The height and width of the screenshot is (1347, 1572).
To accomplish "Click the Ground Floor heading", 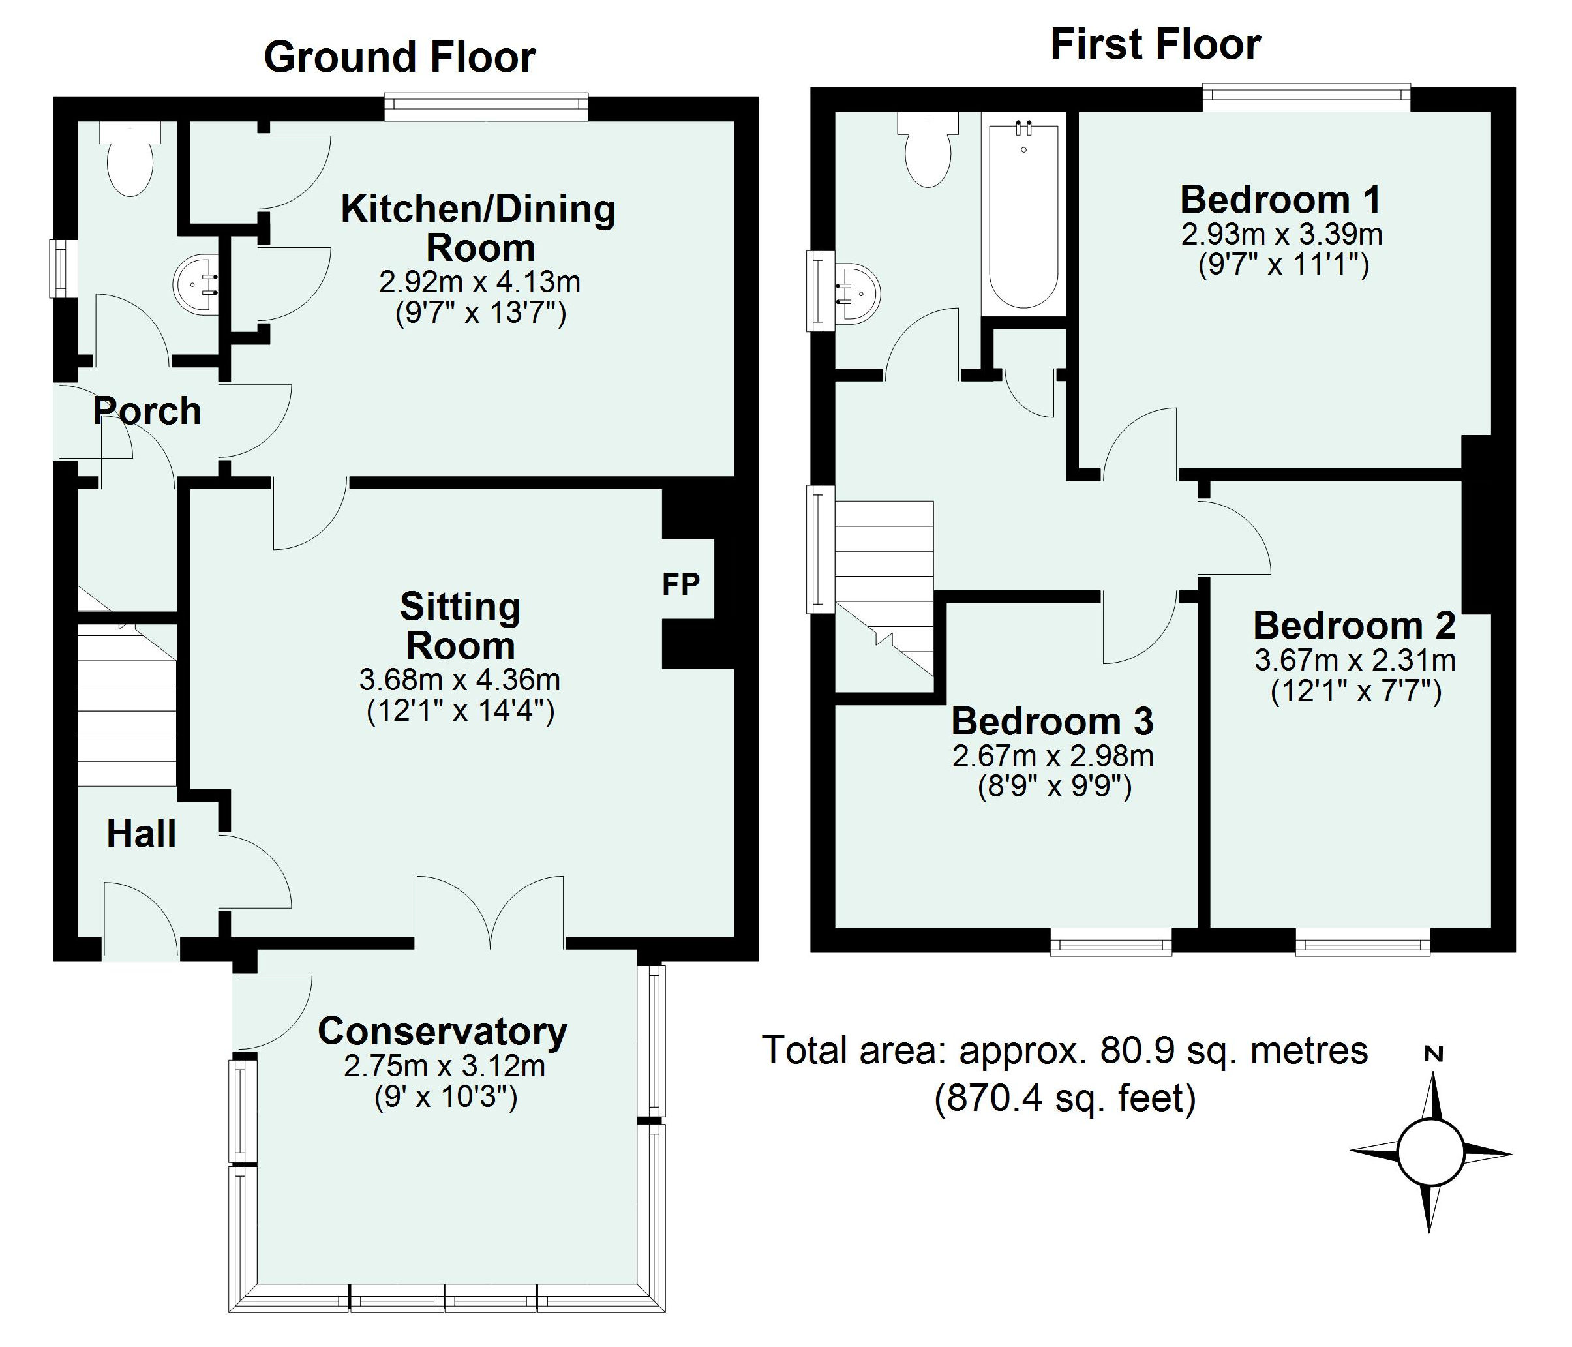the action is pyautogui.click(x=399, y=57).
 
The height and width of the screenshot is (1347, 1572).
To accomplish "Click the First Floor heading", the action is pyautogui.click(x=1155, y=45).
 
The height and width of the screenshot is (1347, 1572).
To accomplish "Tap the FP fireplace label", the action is pyautogui.click(x=680, y=584).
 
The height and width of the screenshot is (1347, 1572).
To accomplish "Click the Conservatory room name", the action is pyautogui.click(x=442, y=1031).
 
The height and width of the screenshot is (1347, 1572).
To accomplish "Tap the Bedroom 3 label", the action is pyautogui.click(x=1052, y=721).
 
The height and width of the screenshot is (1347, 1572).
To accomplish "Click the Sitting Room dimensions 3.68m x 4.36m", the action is pyautogui.click(x=460, y=680).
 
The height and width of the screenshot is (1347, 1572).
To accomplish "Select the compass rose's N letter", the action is pyautogui.click(x=1433, y=1053).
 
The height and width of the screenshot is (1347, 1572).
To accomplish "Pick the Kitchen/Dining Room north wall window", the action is pyautogui.click(x=485, y=107).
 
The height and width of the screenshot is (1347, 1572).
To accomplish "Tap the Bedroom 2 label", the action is pyautogui.click(x=1354, y=626).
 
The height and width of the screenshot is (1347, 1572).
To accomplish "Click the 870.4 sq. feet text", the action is pyautogui.click(x=1065, y=1098).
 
